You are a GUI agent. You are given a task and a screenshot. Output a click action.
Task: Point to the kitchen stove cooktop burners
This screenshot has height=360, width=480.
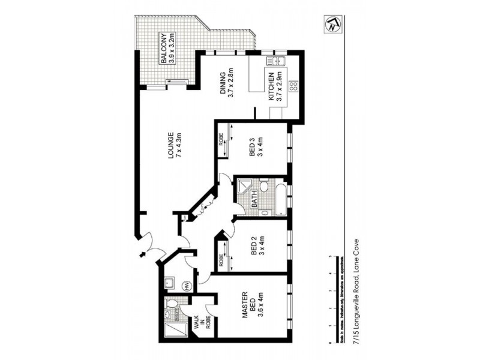pos(293,86)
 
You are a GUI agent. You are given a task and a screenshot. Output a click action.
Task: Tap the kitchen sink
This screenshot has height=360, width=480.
pos(278,61)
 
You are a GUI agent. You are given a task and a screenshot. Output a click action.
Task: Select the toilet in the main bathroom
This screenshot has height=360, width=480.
pos(263,187)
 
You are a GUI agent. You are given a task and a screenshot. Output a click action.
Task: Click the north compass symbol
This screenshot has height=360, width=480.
pos(331,26)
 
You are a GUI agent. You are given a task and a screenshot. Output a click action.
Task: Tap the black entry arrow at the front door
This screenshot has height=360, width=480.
pos(142,254)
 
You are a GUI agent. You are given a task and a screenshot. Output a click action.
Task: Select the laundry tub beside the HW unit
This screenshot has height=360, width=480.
pos(170,281)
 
